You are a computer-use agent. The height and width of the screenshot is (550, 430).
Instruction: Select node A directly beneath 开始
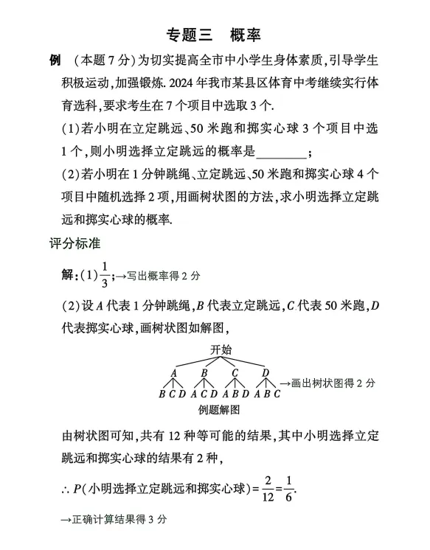tap(174, 374)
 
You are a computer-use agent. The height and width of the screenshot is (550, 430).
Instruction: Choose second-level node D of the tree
tap(266, 374)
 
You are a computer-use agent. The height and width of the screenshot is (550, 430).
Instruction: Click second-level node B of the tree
tap(204, 374)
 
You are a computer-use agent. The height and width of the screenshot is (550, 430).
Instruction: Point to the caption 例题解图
tap(221, 408)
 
